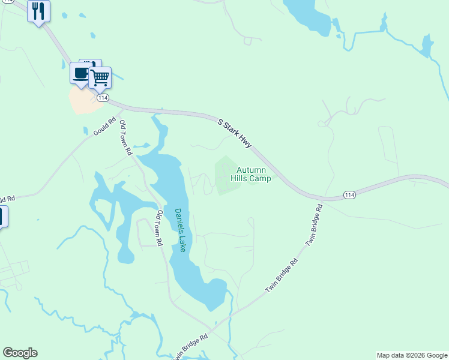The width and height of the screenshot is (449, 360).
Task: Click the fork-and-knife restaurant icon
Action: [x=38, y=10]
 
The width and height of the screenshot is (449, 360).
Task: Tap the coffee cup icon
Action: [x=80, y=73]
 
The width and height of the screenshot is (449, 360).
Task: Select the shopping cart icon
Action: [x=100, y=77]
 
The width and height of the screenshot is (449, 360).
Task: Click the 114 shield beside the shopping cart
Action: [x=103, y=97]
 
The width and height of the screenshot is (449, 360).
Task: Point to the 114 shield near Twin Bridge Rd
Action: [x=349, y=194]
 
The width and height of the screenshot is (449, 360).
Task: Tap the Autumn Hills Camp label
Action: [x=252, y=174]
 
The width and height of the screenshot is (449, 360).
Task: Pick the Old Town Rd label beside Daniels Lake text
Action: [x=160, y=228]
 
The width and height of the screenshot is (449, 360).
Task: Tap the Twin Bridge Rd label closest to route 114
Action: [x=314, y=225]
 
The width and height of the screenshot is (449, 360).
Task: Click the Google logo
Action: [x=20, y=353]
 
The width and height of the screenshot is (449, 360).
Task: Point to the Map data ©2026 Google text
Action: [x=412, y=355]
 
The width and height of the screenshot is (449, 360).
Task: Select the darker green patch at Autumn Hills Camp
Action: [x=226, y=175]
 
